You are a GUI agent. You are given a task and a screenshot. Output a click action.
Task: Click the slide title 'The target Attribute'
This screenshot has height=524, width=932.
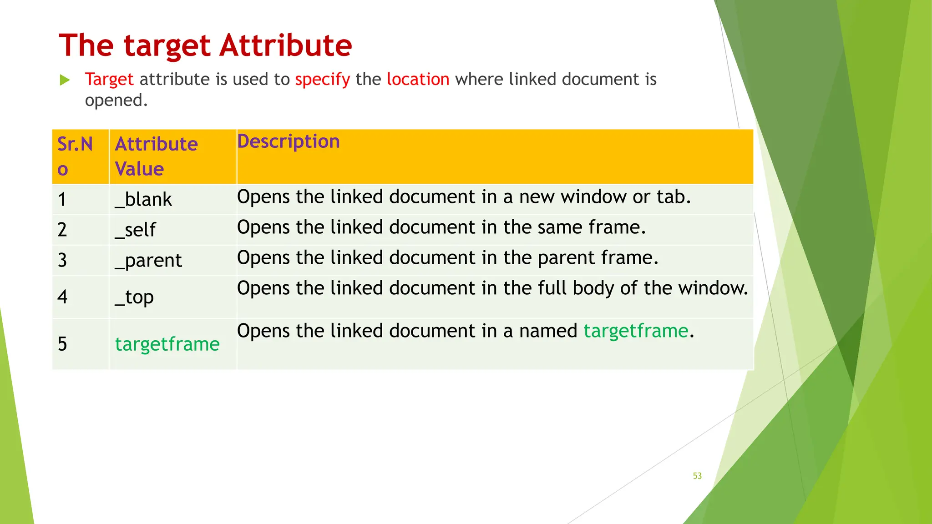coord(205,45)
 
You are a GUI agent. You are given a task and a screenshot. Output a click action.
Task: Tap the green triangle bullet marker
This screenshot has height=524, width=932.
coord(65,81)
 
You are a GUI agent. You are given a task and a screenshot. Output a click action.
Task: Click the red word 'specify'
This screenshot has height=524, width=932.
coord(322,80)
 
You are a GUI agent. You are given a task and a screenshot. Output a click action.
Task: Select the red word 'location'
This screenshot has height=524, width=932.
coord(418,79)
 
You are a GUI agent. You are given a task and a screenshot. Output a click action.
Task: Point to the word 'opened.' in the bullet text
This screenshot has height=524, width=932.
coord(116,100)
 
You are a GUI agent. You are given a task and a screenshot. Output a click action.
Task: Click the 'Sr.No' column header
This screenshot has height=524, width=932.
coord(75,156)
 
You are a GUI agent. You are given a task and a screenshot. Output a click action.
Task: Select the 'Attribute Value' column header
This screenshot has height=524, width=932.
coord(156,156)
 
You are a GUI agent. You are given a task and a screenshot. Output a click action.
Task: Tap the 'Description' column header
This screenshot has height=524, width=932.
coord(288,141)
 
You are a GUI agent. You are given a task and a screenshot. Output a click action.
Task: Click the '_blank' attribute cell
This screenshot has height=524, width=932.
coord(143,199)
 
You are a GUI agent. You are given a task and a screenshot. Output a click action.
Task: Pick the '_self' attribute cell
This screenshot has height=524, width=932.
coord(135,230)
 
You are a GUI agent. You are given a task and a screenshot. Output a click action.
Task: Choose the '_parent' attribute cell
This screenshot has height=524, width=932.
coord(148,261)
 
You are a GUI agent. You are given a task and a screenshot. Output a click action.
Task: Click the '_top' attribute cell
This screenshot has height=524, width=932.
coord(134,297)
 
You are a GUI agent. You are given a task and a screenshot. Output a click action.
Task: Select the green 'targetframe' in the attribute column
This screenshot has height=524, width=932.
coord(167,344)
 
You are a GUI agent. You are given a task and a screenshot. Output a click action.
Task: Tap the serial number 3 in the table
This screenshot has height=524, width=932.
coord(62,260)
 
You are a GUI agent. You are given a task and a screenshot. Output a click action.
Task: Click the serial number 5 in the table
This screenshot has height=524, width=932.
coord(62,344)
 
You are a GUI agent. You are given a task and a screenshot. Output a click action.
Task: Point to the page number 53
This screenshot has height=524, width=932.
coord(697,476)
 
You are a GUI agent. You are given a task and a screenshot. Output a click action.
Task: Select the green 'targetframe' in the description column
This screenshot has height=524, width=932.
coord(636,331)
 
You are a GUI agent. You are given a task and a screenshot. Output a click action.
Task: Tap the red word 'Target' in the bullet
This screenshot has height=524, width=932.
coord(109,80)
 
